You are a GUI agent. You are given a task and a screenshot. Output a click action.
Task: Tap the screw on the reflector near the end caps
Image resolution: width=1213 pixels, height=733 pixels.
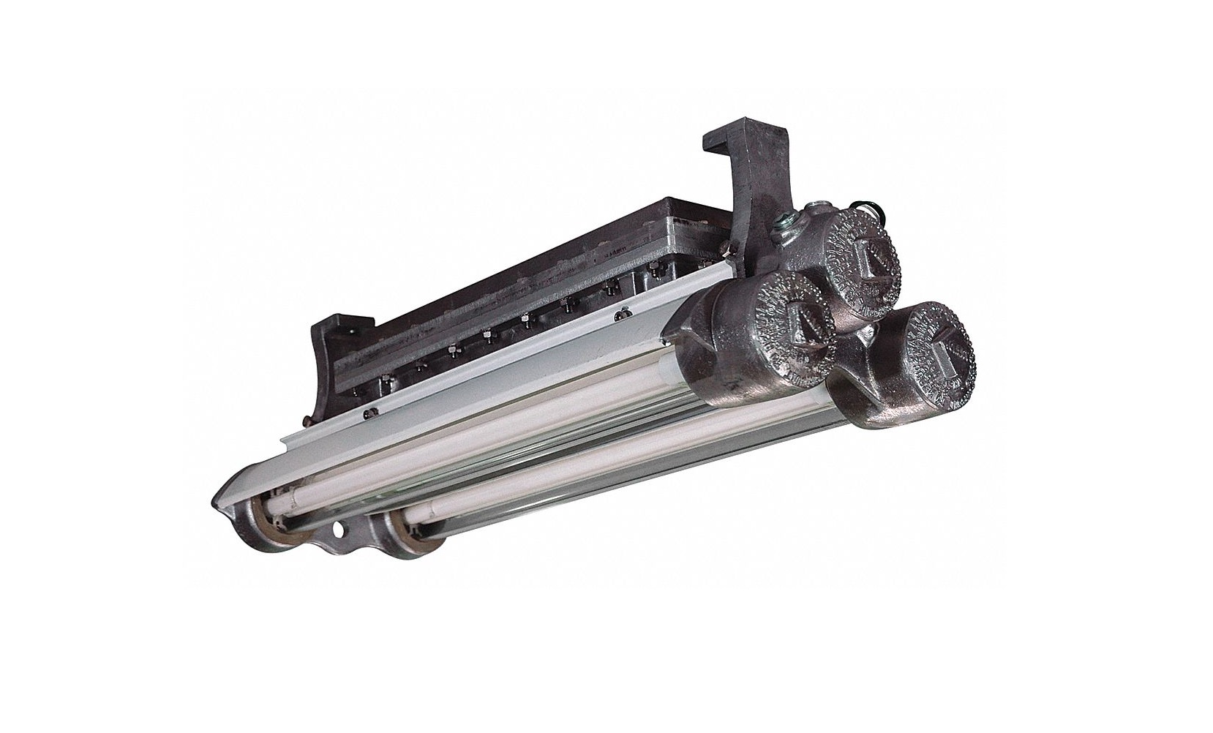click(623, 315)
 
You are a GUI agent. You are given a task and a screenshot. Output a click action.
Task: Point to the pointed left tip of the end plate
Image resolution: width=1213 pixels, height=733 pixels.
click(217, 501)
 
